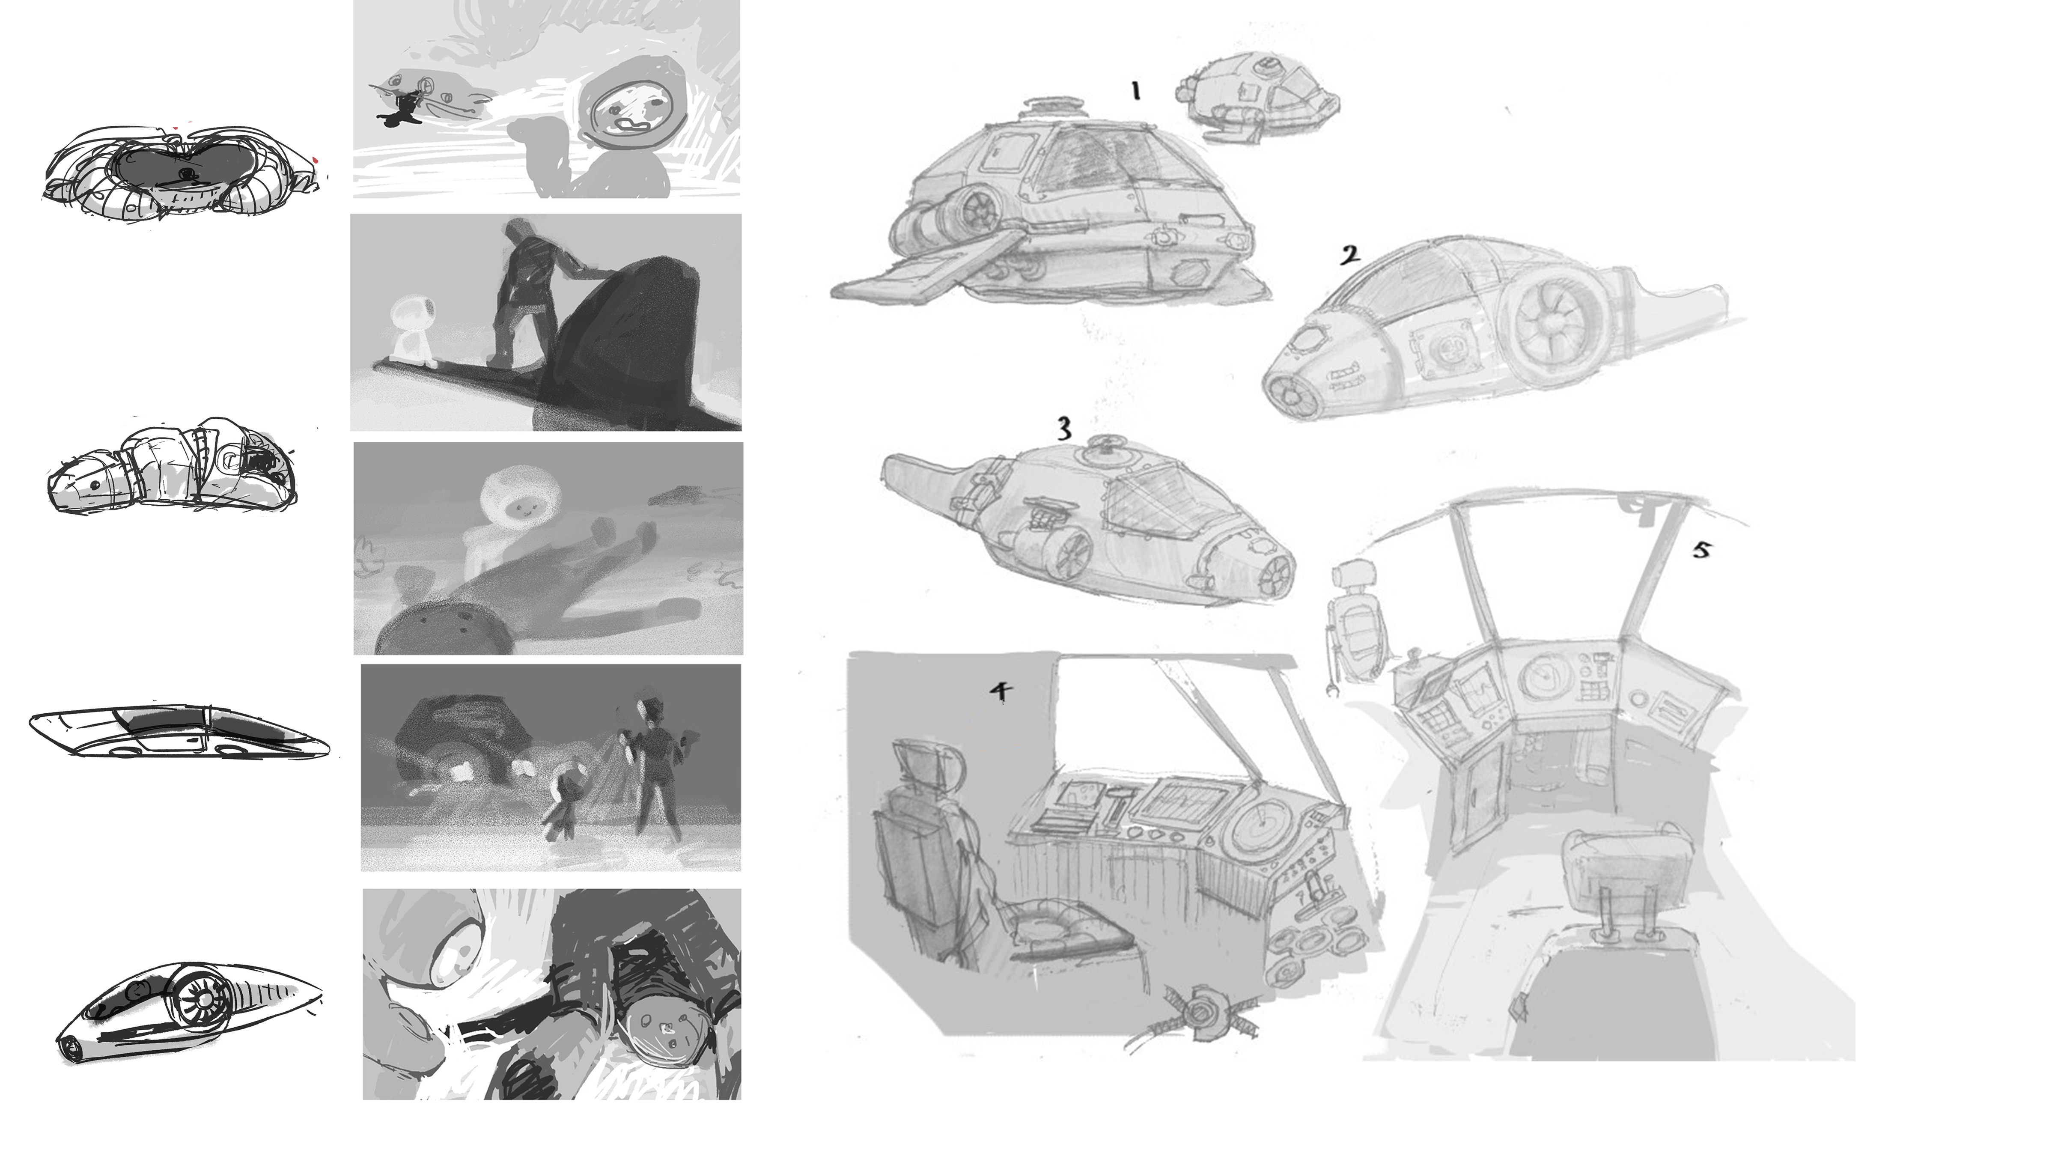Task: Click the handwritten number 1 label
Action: (1135, 92)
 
